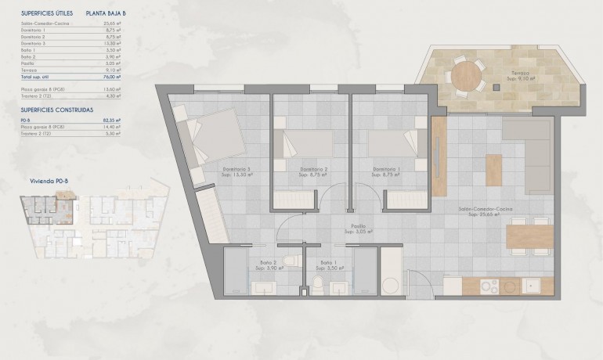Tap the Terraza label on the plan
(x=518, y=74)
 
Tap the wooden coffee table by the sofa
(x=493, y=170)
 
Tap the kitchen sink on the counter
(x=532, y=286)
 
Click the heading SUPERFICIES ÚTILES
(x=48, y=13)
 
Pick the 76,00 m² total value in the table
(x=111, y=77)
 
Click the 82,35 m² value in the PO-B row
(x=111, y=121)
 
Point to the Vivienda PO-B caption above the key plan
(x=46, y=180)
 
